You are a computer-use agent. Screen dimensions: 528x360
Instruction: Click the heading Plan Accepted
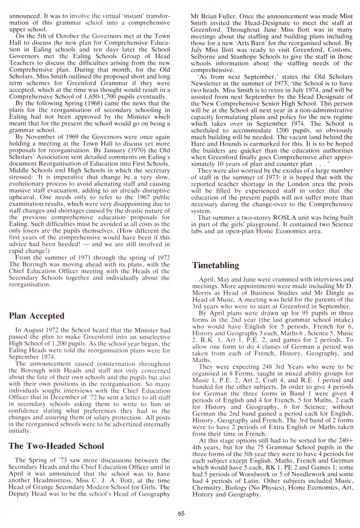pos(37,316)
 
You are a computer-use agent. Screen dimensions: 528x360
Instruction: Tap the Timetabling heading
pos(216,266)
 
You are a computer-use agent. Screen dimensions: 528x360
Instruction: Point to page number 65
pos(181,513)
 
